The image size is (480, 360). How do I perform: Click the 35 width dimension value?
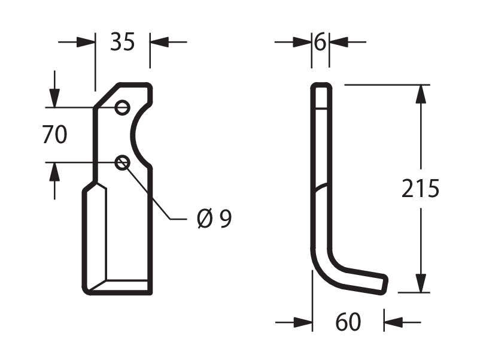123,42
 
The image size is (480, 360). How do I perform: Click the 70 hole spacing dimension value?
54,134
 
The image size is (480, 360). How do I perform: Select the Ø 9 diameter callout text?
214,219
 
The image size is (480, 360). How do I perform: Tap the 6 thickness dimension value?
320,42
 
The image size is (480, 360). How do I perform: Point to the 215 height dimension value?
420,188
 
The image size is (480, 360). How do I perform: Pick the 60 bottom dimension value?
348,322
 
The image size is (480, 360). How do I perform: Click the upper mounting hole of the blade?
122,108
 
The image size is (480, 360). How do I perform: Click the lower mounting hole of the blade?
122,163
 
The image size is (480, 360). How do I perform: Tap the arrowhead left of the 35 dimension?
86,42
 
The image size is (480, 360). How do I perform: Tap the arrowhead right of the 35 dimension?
159,42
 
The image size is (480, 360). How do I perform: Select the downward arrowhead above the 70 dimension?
54,98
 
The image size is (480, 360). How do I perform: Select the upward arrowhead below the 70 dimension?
54,172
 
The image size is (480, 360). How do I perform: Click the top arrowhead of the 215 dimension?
421,94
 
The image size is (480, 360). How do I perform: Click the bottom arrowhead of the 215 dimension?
421,283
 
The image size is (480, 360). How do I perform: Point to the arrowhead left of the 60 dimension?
303,322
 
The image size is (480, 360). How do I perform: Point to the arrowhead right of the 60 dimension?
393,322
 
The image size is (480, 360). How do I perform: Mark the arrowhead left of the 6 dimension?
302,42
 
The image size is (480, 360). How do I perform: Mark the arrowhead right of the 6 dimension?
339,42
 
